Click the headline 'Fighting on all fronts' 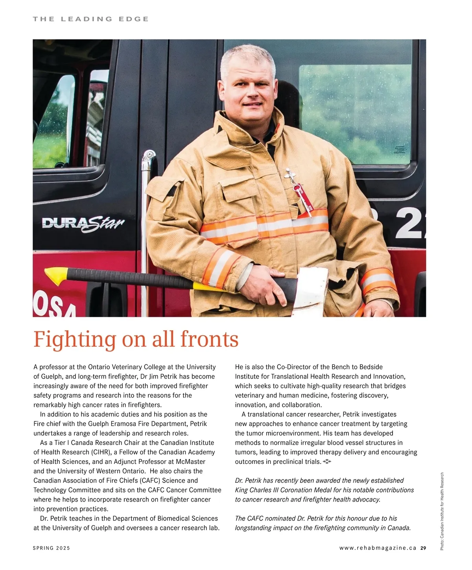(136, 339)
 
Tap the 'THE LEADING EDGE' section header (91, 19)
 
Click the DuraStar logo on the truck (83, 224)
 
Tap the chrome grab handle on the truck (147, 197)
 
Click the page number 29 (423, 548)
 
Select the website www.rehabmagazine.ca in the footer (378, 548)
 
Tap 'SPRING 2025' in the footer (52, 548)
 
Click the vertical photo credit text (442, 511)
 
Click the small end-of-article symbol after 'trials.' (327, 462)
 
